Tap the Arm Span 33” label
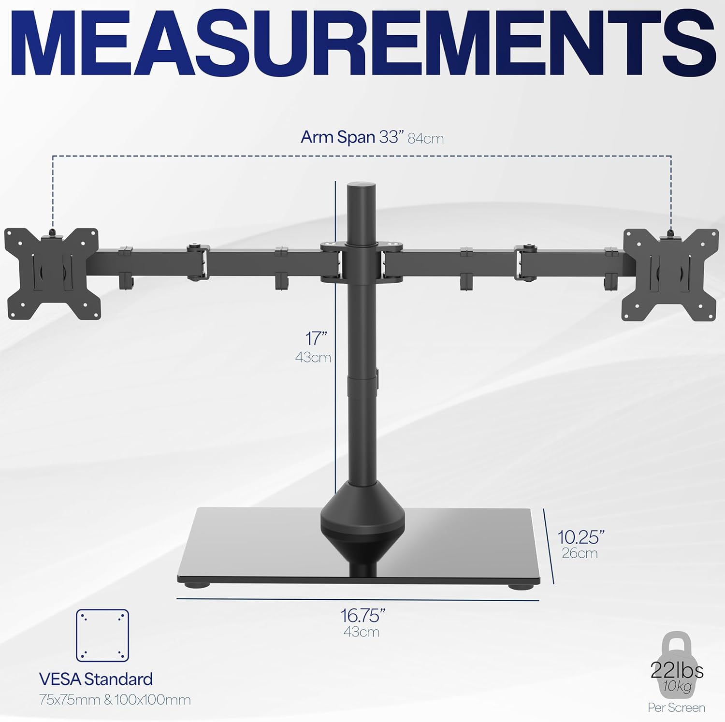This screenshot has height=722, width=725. (x=352, y=137)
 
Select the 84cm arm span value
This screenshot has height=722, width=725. (x=425, y=139)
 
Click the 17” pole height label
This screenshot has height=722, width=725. (x=316, y=338)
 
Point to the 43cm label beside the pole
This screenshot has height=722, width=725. (x=313, y=358)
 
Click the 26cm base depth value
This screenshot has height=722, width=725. (x=580, y=553)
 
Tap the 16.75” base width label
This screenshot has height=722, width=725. (x=363, y=616)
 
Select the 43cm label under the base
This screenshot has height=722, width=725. (x=362, y=632)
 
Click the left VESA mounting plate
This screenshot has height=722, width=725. (x=53, y=274)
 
